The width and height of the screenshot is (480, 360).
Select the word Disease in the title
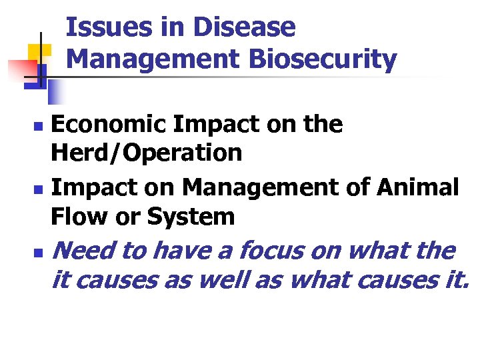243,28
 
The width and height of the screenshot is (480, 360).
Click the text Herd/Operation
146,153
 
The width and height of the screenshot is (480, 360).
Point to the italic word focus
271,251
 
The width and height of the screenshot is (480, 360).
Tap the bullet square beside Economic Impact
39,125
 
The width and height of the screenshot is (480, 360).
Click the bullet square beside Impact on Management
39,189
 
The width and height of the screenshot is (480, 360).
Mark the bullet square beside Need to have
39,253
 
